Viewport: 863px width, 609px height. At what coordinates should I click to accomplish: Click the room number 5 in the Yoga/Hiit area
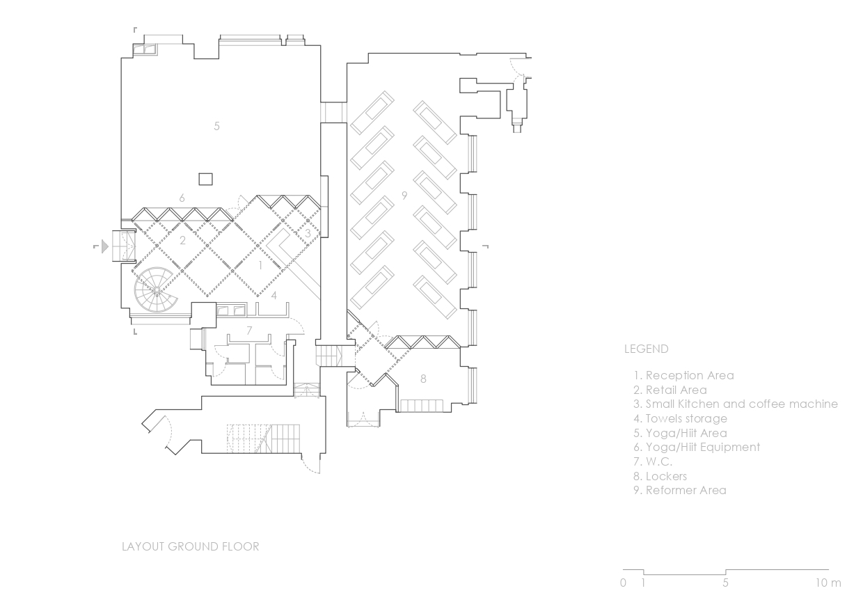[x=216, y=126]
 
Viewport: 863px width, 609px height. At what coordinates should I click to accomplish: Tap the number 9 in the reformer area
[x=404, y=196]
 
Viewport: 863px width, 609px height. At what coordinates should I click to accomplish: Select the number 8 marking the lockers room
[x=423, y=379]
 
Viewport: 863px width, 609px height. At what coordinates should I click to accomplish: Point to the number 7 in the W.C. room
[x=249, y=331]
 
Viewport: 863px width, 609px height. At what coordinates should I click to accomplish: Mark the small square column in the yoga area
[x=206, y=179]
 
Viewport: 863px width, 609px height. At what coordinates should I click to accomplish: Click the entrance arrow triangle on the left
[x=105, y=246]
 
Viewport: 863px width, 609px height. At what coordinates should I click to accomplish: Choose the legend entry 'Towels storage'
[x=680, y=418]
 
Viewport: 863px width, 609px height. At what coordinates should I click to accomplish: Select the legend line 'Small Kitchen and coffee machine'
[x=736, y=404]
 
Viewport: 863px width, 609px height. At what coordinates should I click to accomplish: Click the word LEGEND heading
[x=646, y=349]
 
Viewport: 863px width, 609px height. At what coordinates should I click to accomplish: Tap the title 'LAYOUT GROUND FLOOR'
[x=190, y=546]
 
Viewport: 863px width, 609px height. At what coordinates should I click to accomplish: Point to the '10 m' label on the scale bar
[x=828, y=583]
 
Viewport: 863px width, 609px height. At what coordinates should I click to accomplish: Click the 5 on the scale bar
[x=725, y=583]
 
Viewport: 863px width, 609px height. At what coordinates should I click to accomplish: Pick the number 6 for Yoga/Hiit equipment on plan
[x=182, y=198]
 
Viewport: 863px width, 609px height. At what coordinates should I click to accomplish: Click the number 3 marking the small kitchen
[x=308, y=233]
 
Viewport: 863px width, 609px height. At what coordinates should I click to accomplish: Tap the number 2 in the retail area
[x=182, y=240]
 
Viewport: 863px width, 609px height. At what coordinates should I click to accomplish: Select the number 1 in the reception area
[x=260, y=265]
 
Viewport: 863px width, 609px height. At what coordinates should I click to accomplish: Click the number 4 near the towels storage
[x=274, y=295]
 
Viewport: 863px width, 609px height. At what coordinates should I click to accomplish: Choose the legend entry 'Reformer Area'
[x=679, y=490]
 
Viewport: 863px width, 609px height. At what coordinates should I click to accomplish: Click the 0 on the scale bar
[x=623, y=583]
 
